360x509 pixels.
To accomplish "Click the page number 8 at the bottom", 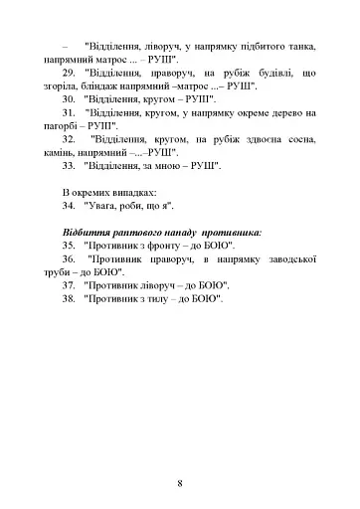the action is point(179,456).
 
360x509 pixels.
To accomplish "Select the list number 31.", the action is point(70,116).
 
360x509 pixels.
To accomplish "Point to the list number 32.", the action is point(70,145).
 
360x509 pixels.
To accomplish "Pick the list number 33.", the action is point(70,173).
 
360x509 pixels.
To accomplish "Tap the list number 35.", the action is point(70,244).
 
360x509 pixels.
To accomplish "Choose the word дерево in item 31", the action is point(262,116).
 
